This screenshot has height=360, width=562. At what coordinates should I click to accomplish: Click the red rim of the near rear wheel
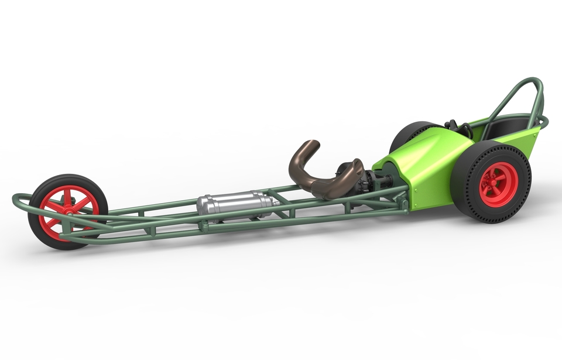coord(498,184)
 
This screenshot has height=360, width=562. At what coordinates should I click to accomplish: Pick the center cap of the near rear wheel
coord(498,184)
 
